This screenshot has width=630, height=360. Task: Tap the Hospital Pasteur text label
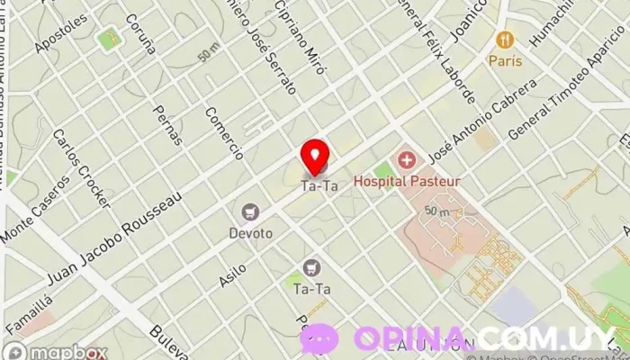point(407,181)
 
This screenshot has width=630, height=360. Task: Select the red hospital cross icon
point(407,161)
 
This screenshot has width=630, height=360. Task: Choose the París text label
point(506,60)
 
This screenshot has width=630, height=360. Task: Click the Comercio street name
point(224,132)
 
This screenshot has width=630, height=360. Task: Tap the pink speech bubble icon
point(319,339)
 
